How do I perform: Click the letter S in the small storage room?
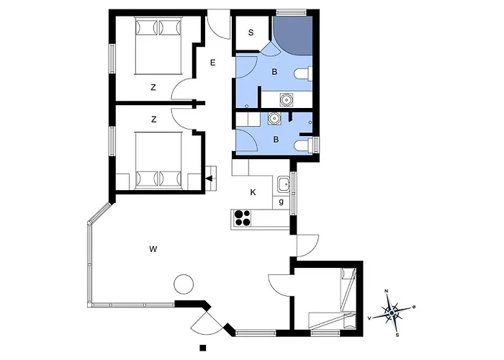pyautogui.click(x=251, y=32)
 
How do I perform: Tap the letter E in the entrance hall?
pyautogui.click(x=213, y=63)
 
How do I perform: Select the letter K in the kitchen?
pyautogui.click(x=253, y=192)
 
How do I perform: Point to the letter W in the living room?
pyautogui.click(x=153, y=249)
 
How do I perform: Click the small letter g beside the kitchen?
pyautogui.click(x=281, y=203)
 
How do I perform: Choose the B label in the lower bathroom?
pyautogui.click(x=275, y=139)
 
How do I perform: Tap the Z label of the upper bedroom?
pyautogui.click(x=153, y=87)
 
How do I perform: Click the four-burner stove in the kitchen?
pyautogui.click(x=243, y=217)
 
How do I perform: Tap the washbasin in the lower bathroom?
pyautogui.click(x=274, y=120)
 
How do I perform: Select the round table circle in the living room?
pyautogui.click(x=183, y=283)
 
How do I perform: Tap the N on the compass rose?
pyautogui.click(x=387, y=292)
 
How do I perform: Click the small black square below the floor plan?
pyautogui.click(x=202, y=348)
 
